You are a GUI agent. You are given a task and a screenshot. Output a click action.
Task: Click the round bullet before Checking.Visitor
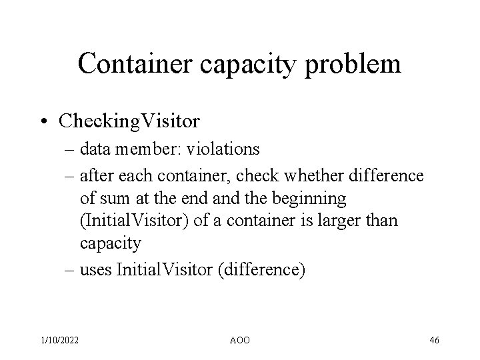pos(45,121)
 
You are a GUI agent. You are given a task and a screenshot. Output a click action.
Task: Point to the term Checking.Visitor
pos(129,121)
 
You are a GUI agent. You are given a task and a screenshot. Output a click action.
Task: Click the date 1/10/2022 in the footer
pos(59,340)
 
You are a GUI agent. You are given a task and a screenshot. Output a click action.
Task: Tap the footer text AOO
pos(239,340)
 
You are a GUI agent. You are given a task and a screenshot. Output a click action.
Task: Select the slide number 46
pos(434,340)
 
